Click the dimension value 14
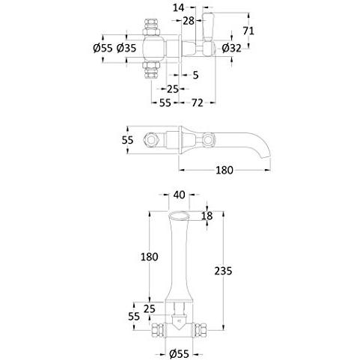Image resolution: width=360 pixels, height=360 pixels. click(178, 7)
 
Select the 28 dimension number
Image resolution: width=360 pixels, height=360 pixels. click(189, 21)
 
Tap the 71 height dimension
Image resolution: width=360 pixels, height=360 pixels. click(248, 31)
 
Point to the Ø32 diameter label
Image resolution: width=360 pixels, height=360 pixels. click(231, 48)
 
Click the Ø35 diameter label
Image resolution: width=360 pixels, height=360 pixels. click(126, 48)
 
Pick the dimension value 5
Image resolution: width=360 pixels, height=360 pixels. click(195, 75)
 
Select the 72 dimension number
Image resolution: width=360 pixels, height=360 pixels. click(198, 103)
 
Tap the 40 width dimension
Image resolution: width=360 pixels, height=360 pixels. click(179, 195)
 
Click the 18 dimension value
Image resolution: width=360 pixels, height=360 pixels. click(207, 216)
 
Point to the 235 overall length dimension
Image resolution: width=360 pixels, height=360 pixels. click(223, 271)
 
